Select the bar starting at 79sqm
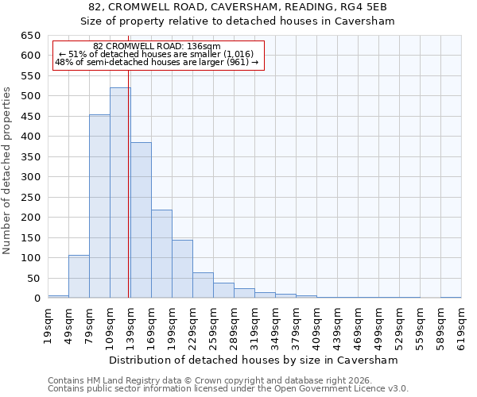click(x=99, y=206)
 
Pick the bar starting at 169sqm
click(x=161, y=254)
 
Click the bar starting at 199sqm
click(x=182, y=269)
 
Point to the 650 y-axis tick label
click(x=30, y=36)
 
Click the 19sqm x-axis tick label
click(x=48, y=324)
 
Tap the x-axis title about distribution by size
click(x=254, y=360)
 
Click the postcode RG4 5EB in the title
click(x=365, y=7)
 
